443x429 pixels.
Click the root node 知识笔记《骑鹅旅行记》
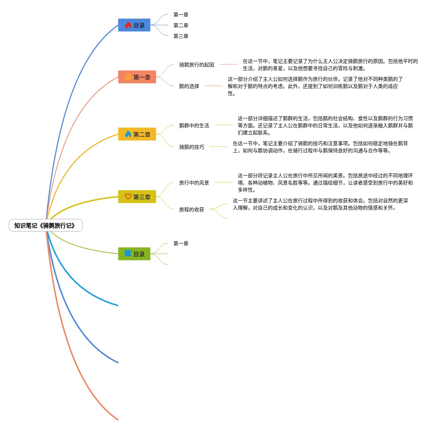[x=45, y=226]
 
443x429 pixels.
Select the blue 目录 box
[x=134, y=25]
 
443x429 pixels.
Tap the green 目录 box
[x=134, y=254]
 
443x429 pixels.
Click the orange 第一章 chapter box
[x=137, y=77]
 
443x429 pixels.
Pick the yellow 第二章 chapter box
[x=137, y=134]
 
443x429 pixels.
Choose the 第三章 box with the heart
[x=137, y=197]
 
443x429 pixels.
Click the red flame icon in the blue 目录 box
[x=128, y=25]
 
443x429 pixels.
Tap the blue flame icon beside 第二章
[x=128, y=134]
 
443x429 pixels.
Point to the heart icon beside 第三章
[x=128, y=197]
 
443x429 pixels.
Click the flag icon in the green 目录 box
[x=128, y=253]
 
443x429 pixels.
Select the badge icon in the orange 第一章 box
[x=128, y=77]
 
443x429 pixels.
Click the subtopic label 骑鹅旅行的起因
[x=197, y=65]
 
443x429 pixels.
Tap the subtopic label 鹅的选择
[x=189, y=86]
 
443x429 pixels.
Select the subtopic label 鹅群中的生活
[x=194, y=125]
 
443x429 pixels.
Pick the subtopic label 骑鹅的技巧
[x=192, y=147]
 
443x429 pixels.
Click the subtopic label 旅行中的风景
[x=194, y=183]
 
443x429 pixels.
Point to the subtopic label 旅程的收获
[x=192, y=209]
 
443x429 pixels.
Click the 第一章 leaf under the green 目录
[x=181, y=243]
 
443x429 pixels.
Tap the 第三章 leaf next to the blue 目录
[x=181, y=36]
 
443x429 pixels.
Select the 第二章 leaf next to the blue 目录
[x=181, y=25]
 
